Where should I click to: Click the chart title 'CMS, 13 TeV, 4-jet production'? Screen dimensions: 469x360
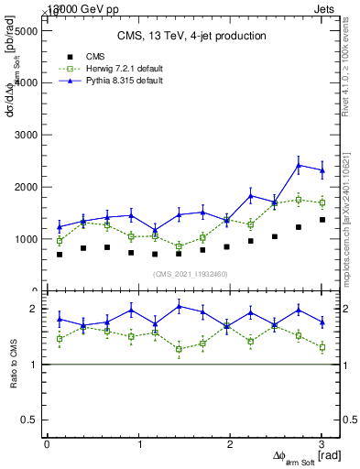pos(191,37)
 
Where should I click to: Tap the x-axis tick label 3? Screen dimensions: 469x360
pos(322,444)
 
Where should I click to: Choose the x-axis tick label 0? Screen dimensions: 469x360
pos(47,444)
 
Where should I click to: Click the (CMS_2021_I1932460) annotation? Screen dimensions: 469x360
pos(191,274)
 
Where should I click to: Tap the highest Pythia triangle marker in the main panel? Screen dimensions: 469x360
pos(299,166)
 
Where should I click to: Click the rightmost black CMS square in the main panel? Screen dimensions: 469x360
pos(322,220)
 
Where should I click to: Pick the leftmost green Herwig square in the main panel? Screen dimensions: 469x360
pos(60,241)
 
